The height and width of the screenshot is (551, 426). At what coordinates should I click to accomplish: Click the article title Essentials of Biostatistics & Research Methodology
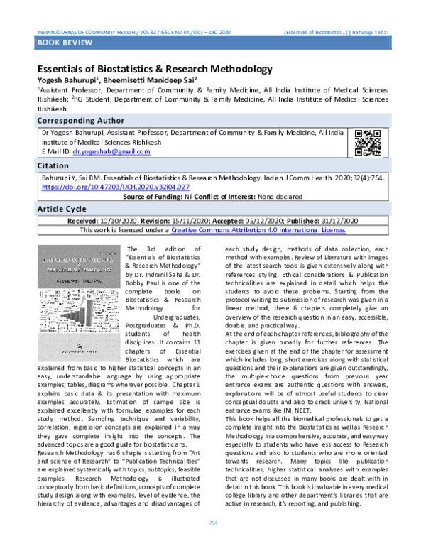point(155,70)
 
